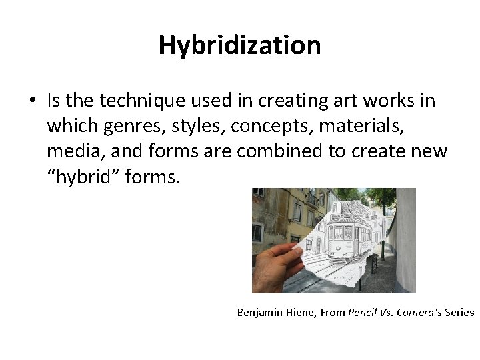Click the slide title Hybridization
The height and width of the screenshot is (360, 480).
click(x=240, y=45)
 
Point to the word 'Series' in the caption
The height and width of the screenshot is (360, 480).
click(x=457, y=312)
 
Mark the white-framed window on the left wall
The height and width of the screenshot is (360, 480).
click(x=257, y=233)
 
